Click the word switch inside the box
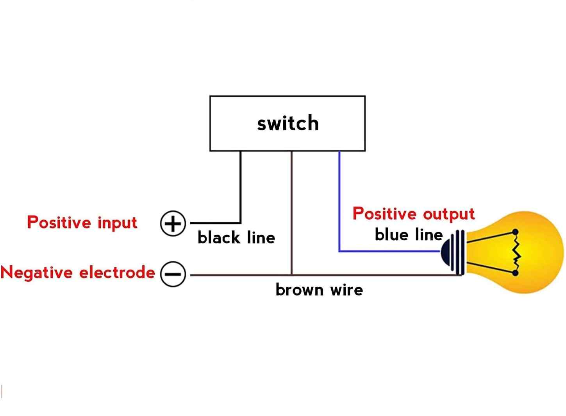point(288,123)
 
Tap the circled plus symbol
point(173,223)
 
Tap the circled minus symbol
point(173,274)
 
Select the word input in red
point(118,223)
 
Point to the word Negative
point(37,272)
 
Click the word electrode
point(117,272)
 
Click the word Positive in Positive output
point(384,213)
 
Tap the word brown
point(300,290)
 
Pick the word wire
point(347,290)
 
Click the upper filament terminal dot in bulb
point(516,232)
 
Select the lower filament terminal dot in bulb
point(516,273)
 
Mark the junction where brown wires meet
point(291,275)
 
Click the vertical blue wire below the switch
point(339,201)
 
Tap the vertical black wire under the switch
point(240,187)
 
